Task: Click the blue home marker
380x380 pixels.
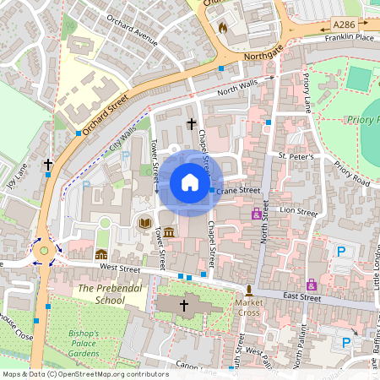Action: tap(190, 182)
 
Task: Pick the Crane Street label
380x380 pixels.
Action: tap(238, 191)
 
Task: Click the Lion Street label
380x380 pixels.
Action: tap(298, 209)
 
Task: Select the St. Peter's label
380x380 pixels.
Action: tap(296, 157)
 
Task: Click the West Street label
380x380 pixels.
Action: tap(118, 268)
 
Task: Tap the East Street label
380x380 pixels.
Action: tap(301, 297)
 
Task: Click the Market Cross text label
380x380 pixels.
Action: tap(249, 307)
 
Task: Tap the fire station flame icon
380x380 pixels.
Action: tap(223, 27)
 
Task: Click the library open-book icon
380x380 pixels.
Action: tap(145, 222)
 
